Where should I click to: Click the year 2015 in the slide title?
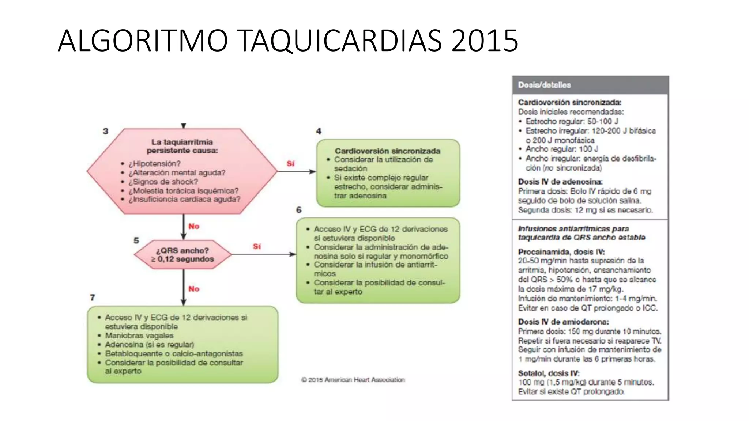(x=485, y=41)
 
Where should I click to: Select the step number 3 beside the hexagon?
(x=106, y=131)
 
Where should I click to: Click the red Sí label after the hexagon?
(x=290, y=163)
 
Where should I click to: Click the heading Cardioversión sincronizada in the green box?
(x=387, y=151)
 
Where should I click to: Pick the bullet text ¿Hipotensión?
(x=154, y=164)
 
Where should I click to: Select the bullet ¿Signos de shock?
(x=163, y=182)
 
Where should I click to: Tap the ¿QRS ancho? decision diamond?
(x=182, y=255)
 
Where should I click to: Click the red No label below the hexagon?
(x=194, y=226)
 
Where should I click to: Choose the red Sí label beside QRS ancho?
(x=257, y=246)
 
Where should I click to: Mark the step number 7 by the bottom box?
(x=93, y=297)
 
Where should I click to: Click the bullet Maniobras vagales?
(x=139, y=335)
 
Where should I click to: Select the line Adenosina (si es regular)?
(x=149, y=345)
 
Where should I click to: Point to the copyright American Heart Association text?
(x=353, y=380)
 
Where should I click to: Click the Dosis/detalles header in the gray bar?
(x=544, y=85)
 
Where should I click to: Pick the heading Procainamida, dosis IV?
(x=561, y=252)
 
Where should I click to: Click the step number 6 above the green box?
(x=299, y=210)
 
